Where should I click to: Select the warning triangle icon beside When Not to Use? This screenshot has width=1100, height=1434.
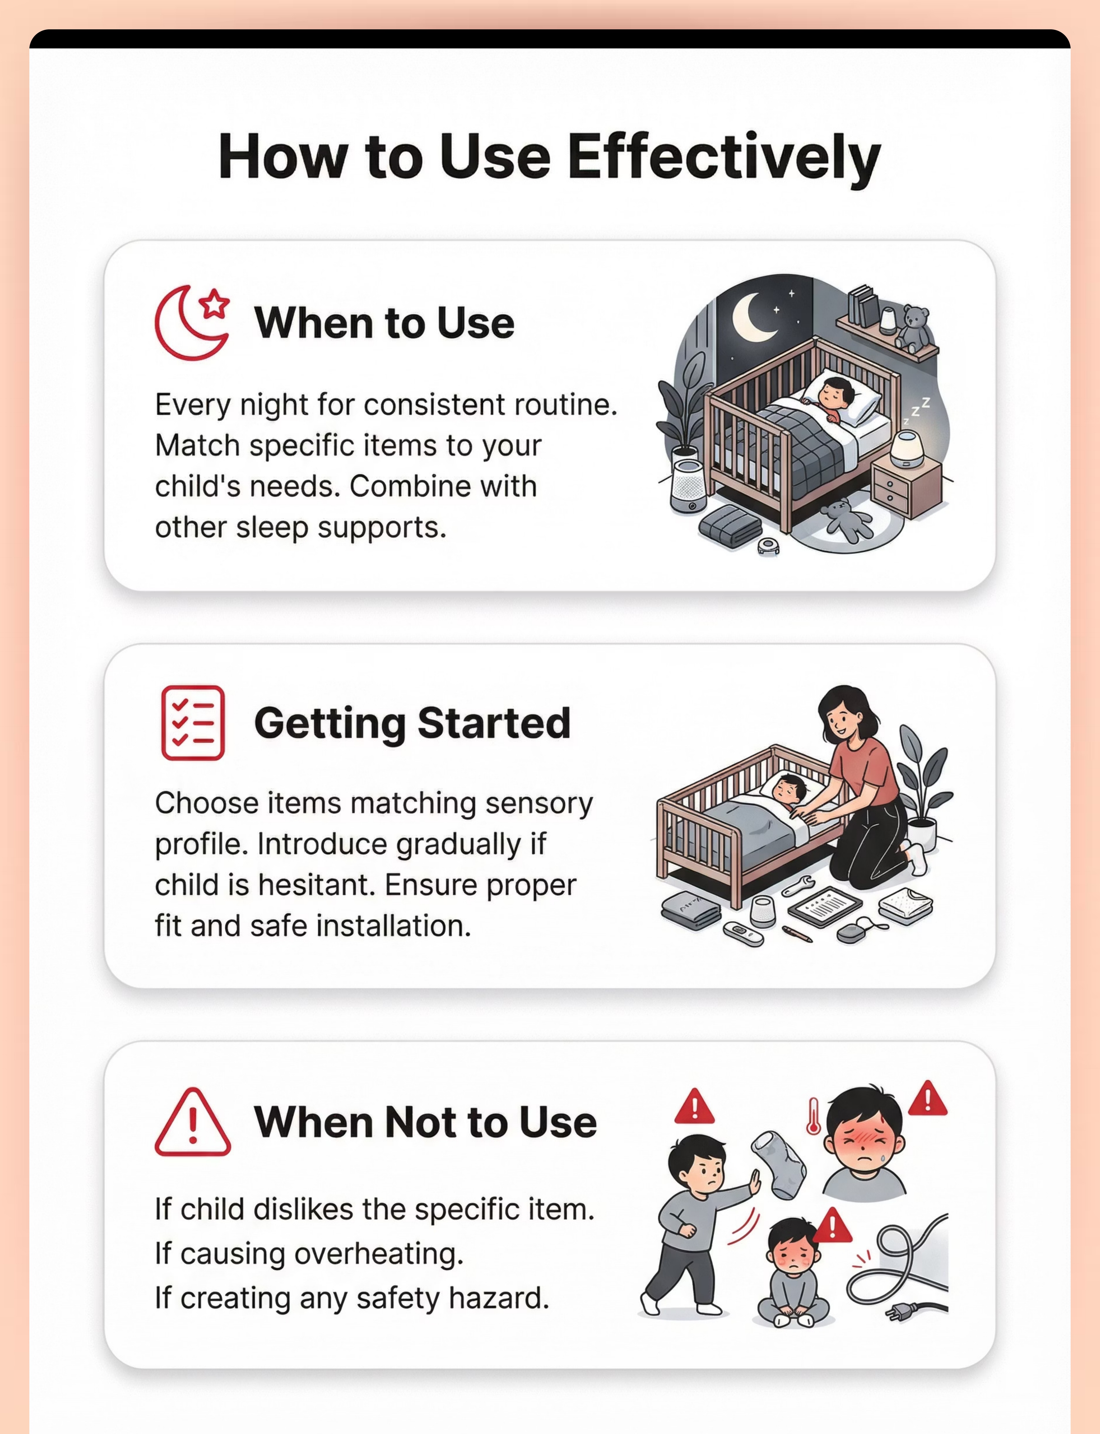click(192, 1122)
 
